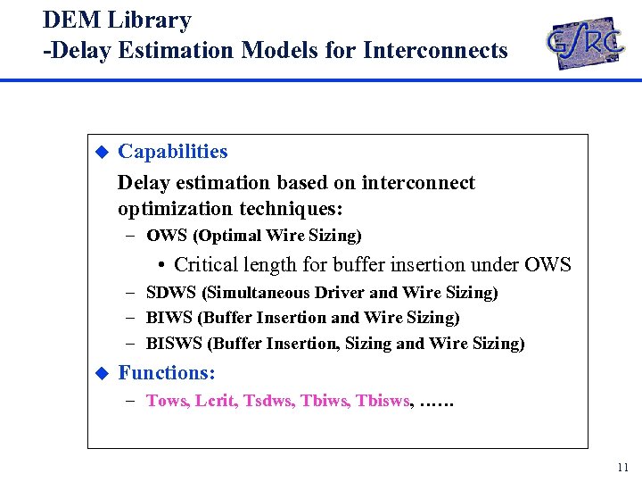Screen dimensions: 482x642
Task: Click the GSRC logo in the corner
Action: point(586,42)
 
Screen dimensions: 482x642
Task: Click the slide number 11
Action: point(621,468)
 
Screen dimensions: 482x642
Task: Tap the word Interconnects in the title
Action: point(435,50)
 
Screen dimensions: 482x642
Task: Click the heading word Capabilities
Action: point(172,152)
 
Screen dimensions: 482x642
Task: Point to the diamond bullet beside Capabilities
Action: point(102,152)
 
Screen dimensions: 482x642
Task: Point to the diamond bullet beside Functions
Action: point(102,373)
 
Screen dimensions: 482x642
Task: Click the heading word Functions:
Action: point(166,373)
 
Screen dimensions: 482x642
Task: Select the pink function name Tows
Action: point(166,401)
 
